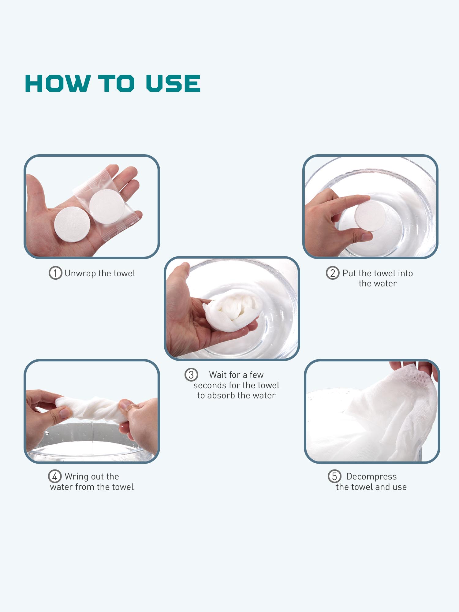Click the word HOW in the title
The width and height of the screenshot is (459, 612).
[x=58, y=84]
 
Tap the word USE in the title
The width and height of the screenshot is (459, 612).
[x=173, y=84]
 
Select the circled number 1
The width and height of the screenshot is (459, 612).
[x=55, y=273]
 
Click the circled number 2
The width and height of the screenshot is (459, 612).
[x=333, y=273]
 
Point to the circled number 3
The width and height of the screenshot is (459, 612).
[x=191, y=375]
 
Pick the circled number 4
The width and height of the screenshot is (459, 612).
[x=55, y=476]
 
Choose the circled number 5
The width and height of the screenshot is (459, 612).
[x=334, y=476]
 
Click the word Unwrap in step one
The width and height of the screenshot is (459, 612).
[x=80, y=274]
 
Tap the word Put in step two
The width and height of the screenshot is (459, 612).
[x=349, y=273]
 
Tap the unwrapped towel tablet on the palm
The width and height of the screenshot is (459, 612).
[x=72, y=224]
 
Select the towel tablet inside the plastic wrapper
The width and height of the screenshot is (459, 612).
[x=107, y=207]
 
